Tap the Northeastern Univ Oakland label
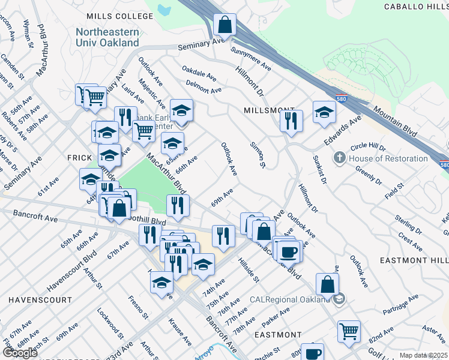pos(107,37)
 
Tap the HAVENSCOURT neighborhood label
pos(40,299)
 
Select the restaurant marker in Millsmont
pos(291,121)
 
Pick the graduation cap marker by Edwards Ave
pos(324,112)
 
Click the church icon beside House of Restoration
pos(340,158)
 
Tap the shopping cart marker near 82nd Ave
pos(349,330)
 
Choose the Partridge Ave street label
pos(401,305)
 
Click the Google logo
pos(19,353)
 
